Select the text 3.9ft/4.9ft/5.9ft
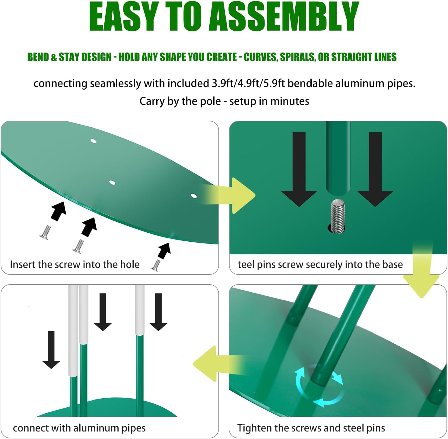[248, 83]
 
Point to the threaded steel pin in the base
[338, 216]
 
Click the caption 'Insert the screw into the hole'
[75, 264]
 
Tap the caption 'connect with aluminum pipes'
[79, 428]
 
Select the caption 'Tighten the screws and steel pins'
[311, 428]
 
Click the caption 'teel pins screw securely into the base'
[320, 264]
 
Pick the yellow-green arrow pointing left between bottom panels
[211, 364]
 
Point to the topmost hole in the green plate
[94, 141]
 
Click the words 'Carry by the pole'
[180, 101]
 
